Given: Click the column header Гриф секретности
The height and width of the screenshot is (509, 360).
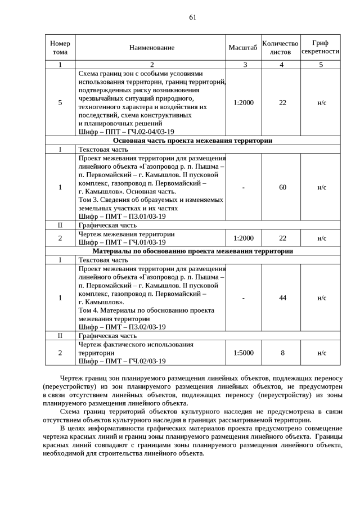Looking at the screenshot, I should [321, 47].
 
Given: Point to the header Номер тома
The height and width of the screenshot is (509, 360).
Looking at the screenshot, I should [60, 48].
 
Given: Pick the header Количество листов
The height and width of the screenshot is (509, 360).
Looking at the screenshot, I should [281, 48].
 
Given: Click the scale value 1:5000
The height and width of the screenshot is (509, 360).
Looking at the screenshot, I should [244, 353].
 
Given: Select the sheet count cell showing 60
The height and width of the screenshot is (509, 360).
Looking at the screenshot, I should [282, 187].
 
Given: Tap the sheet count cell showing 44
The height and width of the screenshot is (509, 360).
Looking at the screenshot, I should [282, 298].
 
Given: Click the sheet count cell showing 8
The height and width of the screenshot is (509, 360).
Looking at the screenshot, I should [282, 353].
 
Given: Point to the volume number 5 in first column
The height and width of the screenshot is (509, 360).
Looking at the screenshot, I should [60, 102].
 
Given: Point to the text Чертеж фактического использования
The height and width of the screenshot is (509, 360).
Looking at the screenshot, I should [136, 344].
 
